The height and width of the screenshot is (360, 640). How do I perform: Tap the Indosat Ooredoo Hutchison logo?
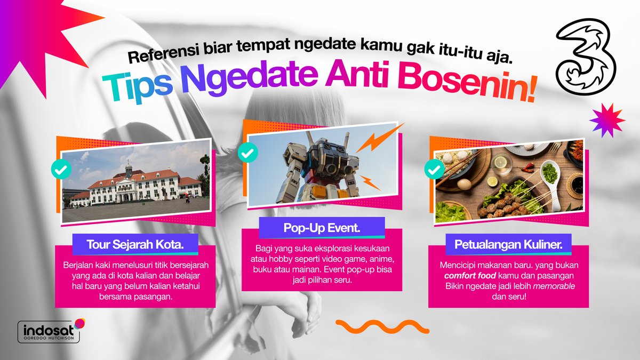point(50,331)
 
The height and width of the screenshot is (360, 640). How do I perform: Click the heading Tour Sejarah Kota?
point(135,245)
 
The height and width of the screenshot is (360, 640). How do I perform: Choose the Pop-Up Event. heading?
point(322,228)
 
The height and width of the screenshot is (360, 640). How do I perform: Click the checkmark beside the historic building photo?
point(61,169)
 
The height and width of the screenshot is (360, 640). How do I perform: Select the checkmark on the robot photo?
point(247,153)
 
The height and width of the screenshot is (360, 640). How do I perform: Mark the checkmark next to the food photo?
point(434,169)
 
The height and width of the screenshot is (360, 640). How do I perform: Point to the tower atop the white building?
point(128,170)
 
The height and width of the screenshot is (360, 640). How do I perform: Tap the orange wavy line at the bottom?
point(382,326)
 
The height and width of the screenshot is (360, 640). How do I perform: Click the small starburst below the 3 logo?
point(606,119)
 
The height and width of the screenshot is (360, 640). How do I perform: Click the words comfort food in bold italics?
point(466,276)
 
